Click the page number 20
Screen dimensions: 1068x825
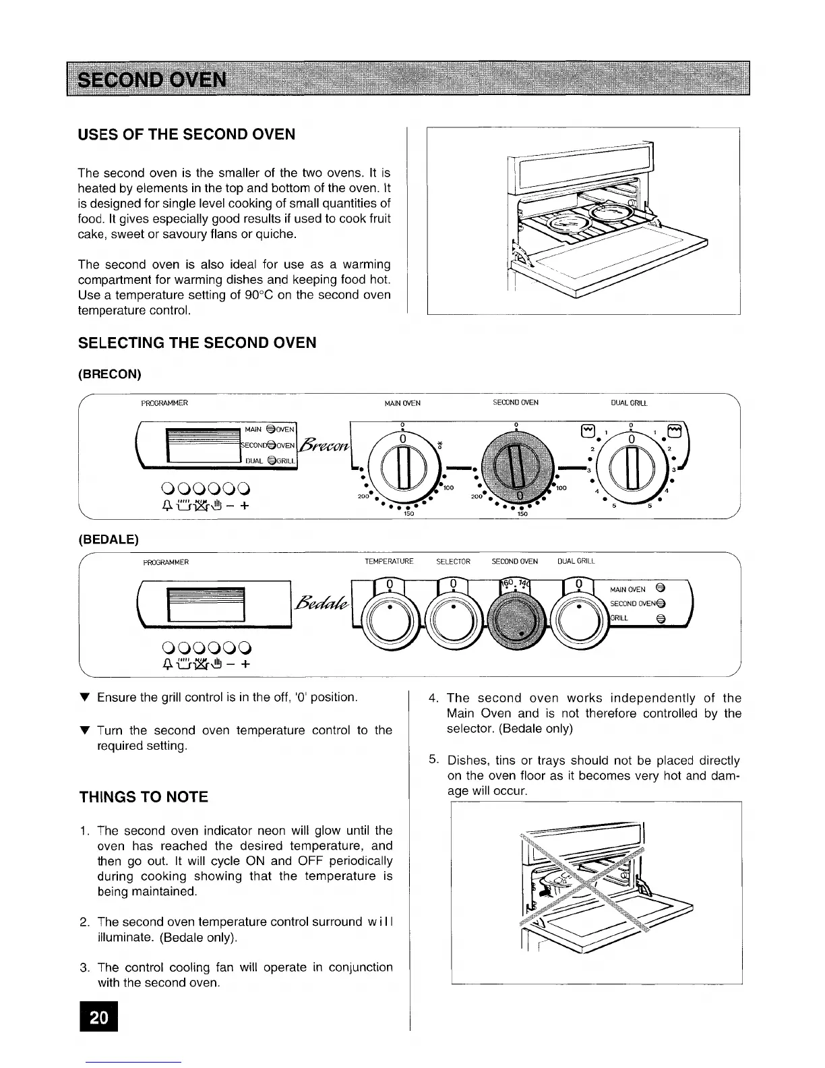click(98, 1017)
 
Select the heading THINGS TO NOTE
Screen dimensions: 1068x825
click(144, 797)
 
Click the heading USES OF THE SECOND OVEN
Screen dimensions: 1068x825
click(187, 134)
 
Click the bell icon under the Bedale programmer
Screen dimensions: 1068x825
click(166, 665)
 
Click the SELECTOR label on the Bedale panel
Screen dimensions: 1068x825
click(453, 562)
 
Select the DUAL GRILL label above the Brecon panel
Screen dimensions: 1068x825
click(628, 403)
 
